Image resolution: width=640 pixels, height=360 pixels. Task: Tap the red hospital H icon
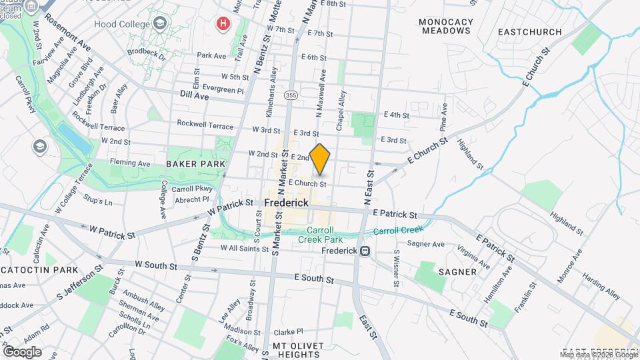[223, 25]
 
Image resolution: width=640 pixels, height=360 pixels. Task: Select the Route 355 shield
[291, 96]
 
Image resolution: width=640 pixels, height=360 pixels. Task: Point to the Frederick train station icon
[365, 251]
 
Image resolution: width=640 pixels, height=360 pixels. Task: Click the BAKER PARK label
[195, 163]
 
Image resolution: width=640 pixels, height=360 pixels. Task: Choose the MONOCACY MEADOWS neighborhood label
[446, 26]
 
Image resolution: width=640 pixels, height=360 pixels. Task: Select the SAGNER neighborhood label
[457, 272]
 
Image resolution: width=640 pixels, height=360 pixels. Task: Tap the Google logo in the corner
[22, 351]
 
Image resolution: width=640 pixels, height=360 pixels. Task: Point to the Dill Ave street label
[194, 97]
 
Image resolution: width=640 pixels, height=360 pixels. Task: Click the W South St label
[155, 265]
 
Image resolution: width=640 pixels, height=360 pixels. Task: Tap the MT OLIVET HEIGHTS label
[298, 350]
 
